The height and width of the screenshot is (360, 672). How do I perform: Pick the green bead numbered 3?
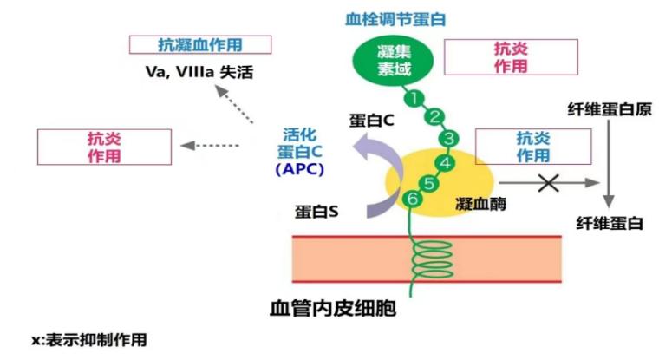pyautogui.click(x=447, y=138)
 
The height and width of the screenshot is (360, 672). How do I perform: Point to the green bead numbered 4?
pyautogui.click(x=445, y=162)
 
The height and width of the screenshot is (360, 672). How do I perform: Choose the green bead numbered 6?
pyautogui.click(x=413, y=199)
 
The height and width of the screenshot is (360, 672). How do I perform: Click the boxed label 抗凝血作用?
pyautogui.click(x=199, y=44)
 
